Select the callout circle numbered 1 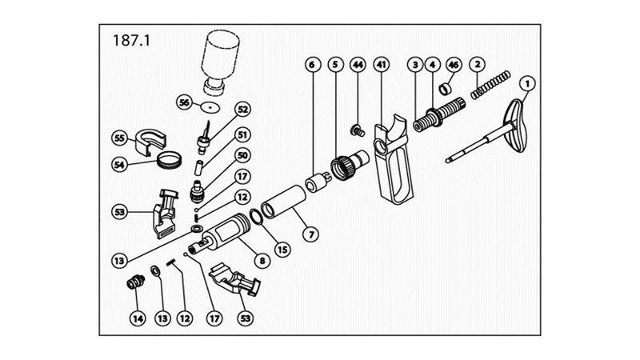click(526, 82)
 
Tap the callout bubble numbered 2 click(478, 63)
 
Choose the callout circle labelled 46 click(453, 63)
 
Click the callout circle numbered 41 click(381, 63)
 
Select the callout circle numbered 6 click(313, 63)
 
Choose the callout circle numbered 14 click(138, 318)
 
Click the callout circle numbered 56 click(185, 102)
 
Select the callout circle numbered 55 click(119, 138)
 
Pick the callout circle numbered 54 click(119, 164)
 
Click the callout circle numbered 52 click(242, 109)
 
